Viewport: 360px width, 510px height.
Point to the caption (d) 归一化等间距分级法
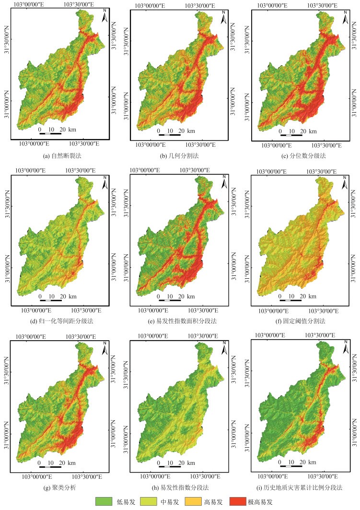[59, 320]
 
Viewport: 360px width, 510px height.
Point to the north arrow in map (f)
[344, 182]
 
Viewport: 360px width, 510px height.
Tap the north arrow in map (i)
[343, 346]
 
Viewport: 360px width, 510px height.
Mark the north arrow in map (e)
[224, 182]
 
